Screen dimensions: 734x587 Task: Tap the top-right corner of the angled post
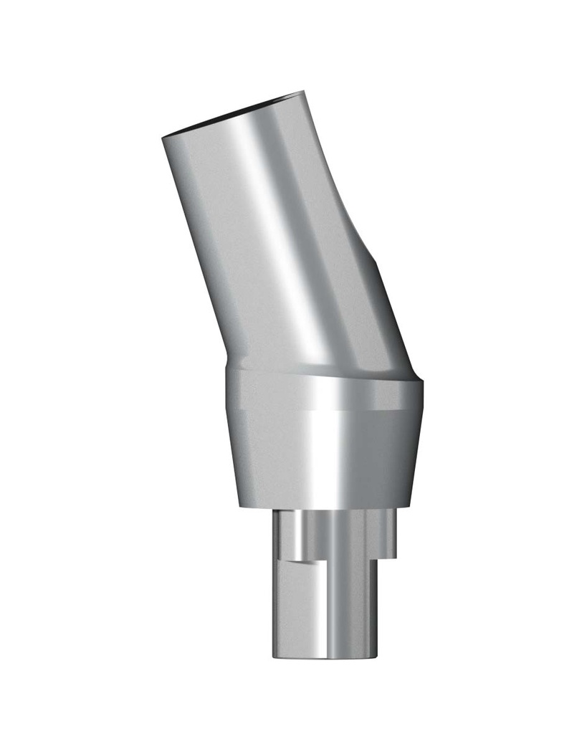[304, 92]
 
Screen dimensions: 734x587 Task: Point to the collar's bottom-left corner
[240, 507]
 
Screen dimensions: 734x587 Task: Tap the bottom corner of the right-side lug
[395, 558]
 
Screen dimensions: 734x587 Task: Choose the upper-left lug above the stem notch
[287, 534]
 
